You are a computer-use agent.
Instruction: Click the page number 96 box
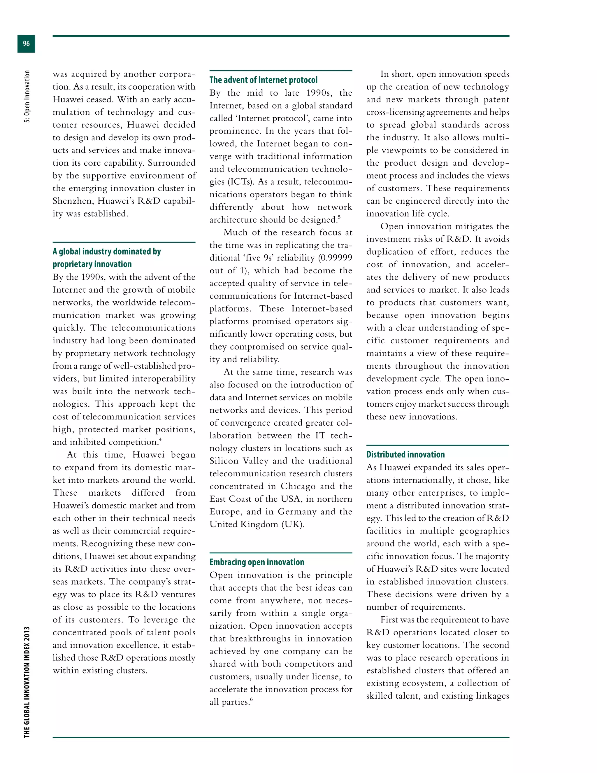[x=26, y=44]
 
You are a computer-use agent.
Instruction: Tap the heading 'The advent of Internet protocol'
[x=263, y=80]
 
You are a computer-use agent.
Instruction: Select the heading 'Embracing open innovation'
[x=257, y=562]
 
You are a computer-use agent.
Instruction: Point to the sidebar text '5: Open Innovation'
[x=27, y=96]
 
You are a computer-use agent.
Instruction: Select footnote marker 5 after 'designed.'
[x=339, y=217]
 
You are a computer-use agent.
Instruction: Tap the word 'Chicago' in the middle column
[x=298, y=486]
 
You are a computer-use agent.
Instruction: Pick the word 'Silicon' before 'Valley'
[x=224, y=461]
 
